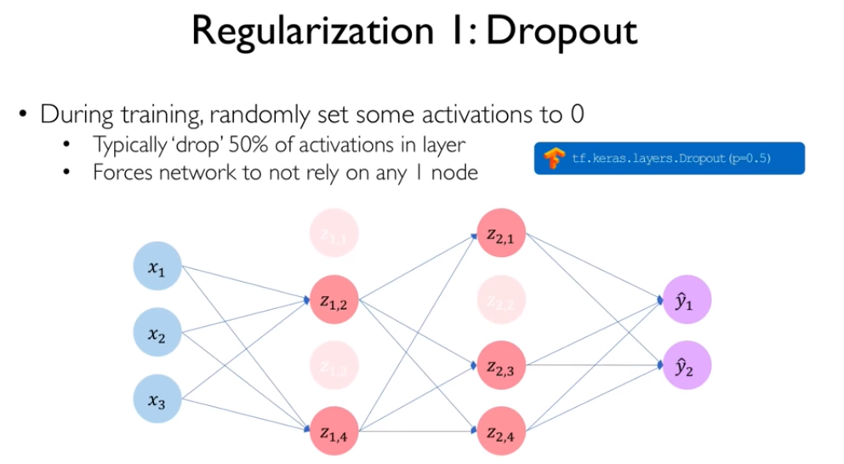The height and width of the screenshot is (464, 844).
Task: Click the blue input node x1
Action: pyautogui.click(x=157, y=269)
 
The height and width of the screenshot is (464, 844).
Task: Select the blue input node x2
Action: pyautogui.click(x=157, y=335)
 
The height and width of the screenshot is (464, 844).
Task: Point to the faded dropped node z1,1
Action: pyautogui.click(x=331, y=236)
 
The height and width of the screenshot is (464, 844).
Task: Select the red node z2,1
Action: pyautogui.click(x=499, y=236)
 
